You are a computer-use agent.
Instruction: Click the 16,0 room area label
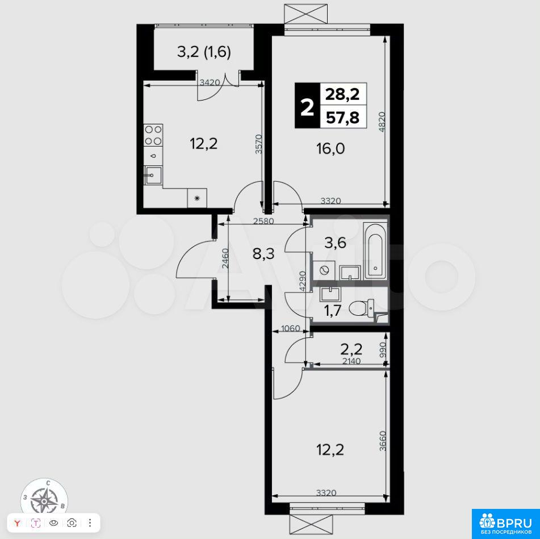pyautogui.click(x=330, y=149)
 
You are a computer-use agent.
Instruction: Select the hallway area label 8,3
pyautogui.click(x=263, y=254)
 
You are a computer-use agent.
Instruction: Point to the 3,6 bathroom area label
pyautogui.click(x=335, y=243)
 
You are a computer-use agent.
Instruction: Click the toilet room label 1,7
pyautogui.click(x=332, y=311)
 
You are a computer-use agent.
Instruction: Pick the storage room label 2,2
pyautogui.click(x=351, y=350)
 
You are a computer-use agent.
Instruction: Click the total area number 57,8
pyautogui.click(x=342, y=118)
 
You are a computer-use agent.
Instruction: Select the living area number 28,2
pyautogui.click(x=342, y=94)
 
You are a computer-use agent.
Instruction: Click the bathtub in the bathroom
pyautogui.click(x=375, y=251)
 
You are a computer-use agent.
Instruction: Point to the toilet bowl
pyautogui.click(x=361, y=308)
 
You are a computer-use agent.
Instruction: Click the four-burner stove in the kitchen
pyautogui.click(x=153, y=135)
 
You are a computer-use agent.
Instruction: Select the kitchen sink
pyautogui.click(x=153, y=176)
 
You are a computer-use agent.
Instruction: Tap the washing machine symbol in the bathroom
pyautogui.click(x=324, y=270)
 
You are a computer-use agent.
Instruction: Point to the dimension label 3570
pyautogui.click(x=259, y=144)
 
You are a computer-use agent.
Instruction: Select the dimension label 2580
pyautogui.click(x=263, y=221)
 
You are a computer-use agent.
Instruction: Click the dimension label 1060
pyautogui.click(x=290, y=328)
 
